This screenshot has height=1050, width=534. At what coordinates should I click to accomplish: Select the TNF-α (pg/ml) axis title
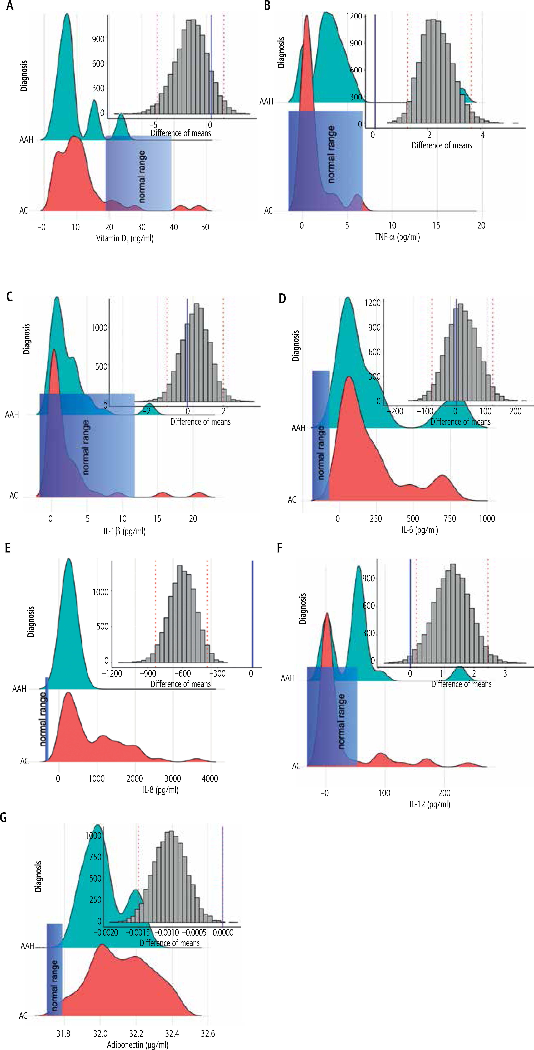point(397,236)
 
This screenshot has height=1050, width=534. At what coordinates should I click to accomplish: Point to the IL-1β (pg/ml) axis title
point(124,531)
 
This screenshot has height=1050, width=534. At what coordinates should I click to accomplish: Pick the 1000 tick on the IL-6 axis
point(487,519)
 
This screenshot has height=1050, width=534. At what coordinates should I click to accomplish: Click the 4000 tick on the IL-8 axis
point(210,778)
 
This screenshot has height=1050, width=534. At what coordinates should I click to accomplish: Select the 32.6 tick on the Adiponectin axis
point(208,1033)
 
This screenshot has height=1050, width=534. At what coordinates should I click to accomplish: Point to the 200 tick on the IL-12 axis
point(444,793)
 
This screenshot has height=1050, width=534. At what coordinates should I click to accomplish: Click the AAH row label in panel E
point(19,689)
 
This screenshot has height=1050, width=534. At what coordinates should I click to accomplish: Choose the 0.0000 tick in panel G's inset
point(224,932)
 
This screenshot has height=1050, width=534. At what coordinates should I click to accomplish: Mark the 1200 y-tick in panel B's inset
point(354,16)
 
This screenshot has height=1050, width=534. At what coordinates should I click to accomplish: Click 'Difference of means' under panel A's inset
point(181,133)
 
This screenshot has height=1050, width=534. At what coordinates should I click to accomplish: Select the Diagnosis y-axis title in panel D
point(296,346)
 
